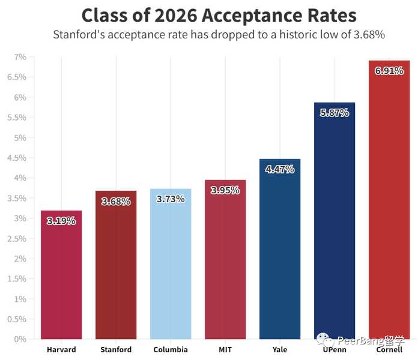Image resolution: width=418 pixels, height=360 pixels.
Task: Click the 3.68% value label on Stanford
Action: (116, 202)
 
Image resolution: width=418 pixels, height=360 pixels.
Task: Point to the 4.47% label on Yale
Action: (280, 169)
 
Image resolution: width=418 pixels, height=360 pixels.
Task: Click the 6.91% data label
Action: (389, 71)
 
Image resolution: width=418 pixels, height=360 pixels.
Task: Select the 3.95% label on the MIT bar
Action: (225, 190)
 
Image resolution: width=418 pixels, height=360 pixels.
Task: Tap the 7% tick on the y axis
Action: (20, 57)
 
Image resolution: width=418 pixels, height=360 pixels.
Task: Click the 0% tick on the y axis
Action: (20, 339)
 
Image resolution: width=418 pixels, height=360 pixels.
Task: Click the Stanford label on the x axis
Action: (116, 350)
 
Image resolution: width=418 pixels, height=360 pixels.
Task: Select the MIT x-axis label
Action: (225, 350)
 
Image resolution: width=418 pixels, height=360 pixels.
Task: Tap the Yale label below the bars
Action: (280, 350)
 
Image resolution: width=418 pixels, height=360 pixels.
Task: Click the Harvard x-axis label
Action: (61, 350)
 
